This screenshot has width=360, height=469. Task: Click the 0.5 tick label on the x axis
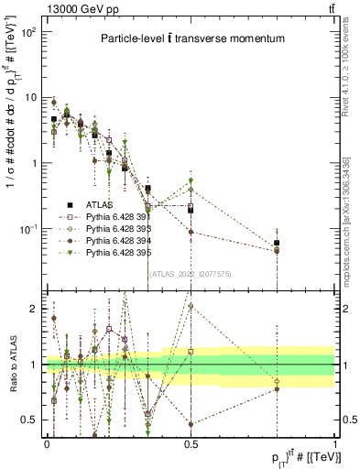click(x=191, y=442)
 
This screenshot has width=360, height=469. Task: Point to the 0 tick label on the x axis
click(x=47, y=442)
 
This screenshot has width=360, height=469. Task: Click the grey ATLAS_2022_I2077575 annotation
click(x=191, y=273)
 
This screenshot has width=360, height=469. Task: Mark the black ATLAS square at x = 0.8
click(x=277, y=243)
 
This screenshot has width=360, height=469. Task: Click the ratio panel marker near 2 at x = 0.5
click(x=191, y=306)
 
